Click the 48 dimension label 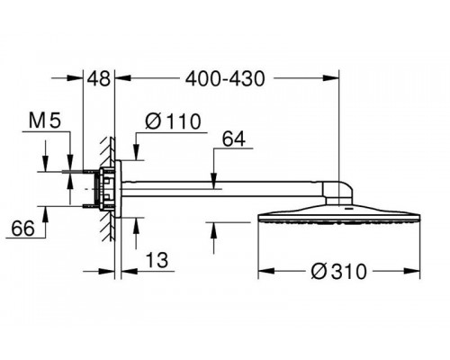click(98, 79)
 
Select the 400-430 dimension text click(225, 79)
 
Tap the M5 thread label click(45, 120)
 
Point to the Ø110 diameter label click(173, 121)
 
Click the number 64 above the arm click(234, 139)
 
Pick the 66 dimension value click(23, 229)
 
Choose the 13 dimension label click(157, 260)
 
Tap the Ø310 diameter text click(339, 272)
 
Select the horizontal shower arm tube click(222, 189)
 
